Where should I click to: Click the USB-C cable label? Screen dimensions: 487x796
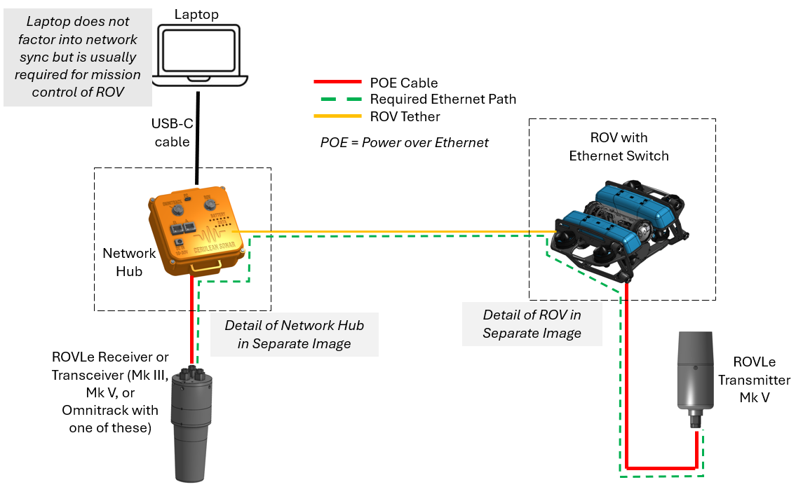[171, 132]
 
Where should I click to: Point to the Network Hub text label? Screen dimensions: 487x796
[129, 262]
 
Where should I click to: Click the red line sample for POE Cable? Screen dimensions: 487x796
[339, 83]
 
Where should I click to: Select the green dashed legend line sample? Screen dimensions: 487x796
[339, 100]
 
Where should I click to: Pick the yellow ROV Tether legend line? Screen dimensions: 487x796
[339, 116]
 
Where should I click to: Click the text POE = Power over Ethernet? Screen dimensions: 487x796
[404, 142]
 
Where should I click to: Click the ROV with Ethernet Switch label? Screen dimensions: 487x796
[619, 146]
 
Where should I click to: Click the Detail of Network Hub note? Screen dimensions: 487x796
[294, 334]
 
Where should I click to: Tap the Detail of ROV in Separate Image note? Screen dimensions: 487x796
[532, 324]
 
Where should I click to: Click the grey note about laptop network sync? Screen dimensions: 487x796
[77, 57]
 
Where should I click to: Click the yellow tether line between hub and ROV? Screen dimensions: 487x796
[393, 231]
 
